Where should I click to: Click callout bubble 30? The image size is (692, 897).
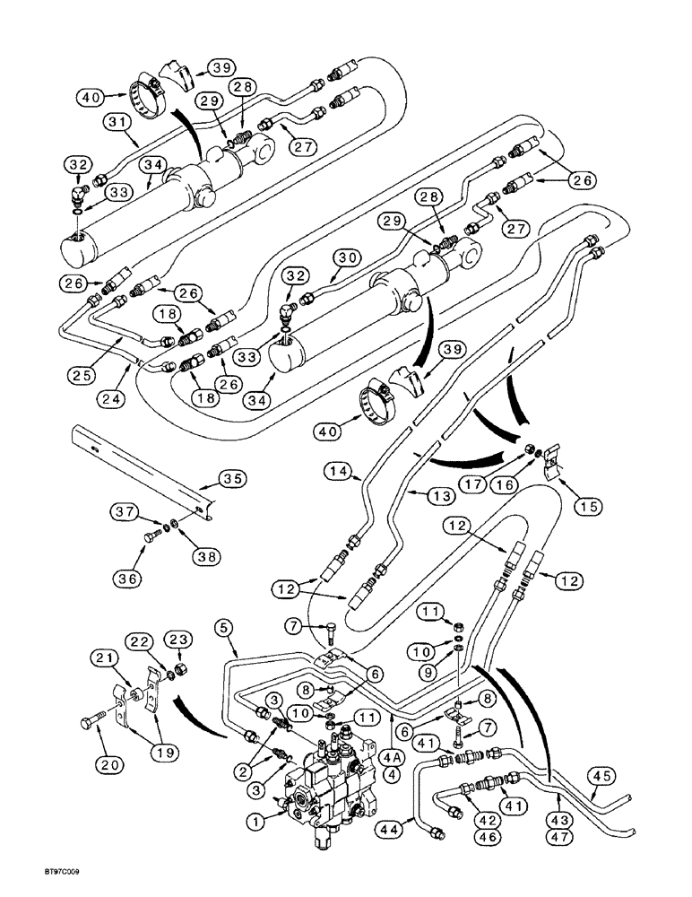tap(347, 257)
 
